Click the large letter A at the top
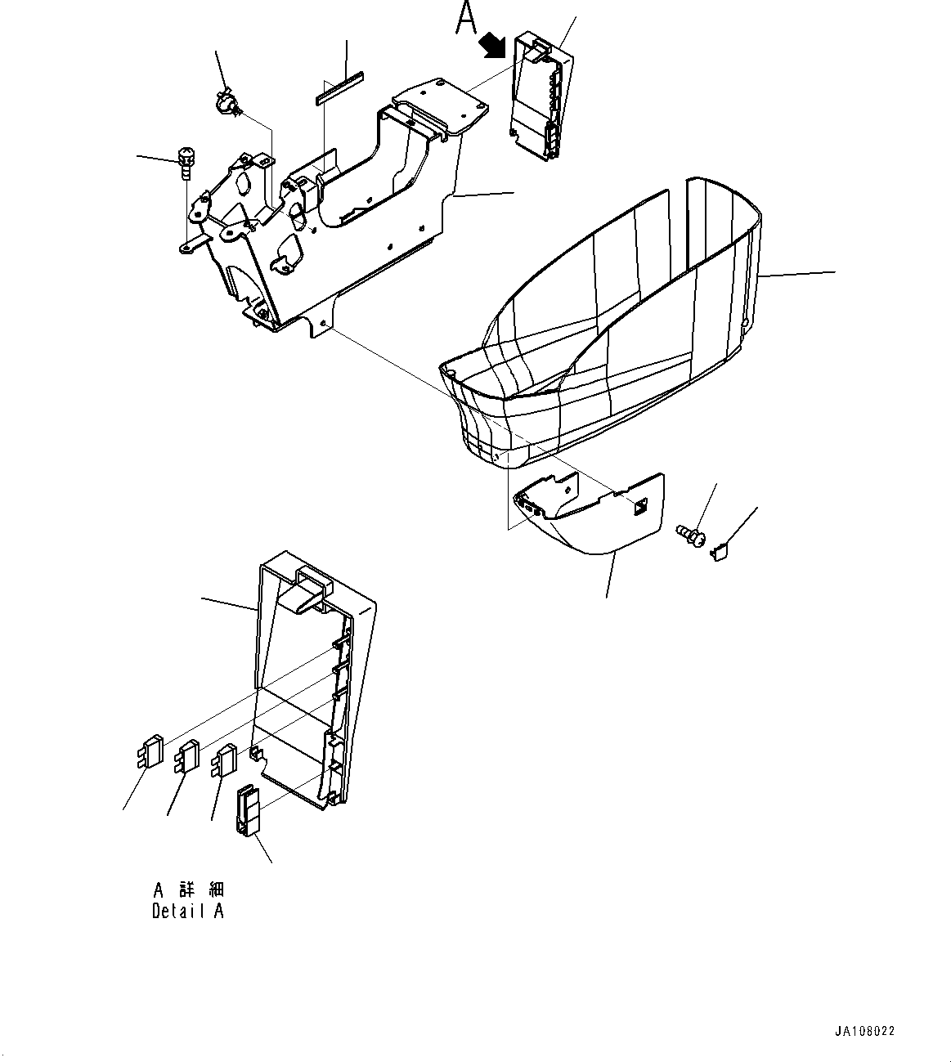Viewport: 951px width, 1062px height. (x=466, y=18)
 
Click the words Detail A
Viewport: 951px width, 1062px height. (x=187, y=911)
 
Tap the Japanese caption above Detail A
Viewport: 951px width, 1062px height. (x=188, y=889)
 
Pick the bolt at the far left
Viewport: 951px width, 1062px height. (x=186, y=162)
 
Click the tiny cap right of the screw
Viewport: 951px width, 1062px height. (x=719, y=554)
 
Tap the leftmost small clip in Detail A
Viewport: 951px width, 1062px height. (x=148, y=752)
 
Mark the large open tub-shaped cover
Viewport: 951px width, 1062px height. (x=621, y=327)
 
